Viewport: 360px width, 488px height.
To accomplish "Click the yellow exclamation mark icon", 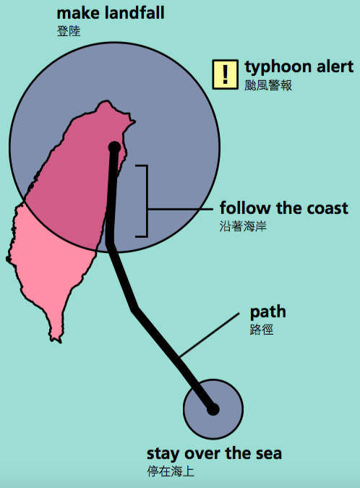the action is tap(226, 74).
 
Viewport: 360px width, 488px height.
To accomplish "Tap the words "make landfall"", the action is tap(111, 13).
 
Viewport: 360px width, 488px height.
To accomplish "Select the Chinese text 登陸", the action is tap(69, 31).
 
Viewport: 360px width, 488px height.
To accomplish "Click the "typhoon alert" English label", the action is tap(299, 67).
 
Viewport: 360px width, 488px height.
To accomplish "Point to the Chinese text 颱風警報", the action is tap(268, 85).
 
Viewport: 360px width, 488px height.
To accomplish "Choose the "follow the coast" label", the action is tap(284, 208).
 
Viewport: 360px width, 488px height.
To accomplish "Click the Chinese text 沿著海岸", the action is tap(243, 226).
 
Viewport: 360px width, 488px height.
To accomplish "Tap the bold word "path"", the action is tap(268, 312).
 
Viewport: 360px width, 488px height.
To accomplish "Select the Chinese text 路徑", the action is tap(262, 330).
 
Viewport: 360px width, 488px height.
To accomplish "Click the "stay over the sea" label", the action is tap(214, 453).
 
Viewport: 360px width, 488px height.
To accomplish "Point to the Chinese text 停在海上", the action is tap(171, 471).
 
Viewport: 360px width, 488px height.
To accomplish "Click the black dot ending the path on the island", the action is tap(115, 147).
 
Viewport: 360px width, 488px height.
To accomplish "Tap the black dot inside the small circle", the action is tap(213, 410).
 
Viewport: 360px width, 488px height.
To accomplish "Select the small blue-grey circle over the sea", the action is tap(213, 409).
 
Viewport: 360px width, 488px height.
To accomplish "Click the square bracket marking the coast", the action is tap(147, 201).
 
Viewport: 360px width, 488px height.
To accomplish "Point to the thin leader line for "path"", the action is tap(210, 335).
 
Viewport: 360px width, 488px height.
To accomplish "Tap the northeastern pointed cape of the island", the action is tap(134, 121).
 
